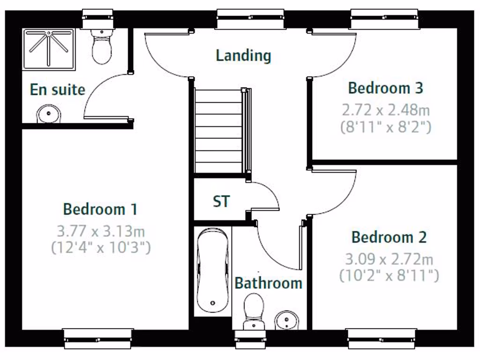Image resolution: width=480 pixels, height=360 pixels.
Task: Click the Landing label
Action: pyautogui.click(x=243, y=55)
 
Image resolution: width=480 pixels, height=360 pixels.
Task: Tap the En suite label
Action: pyautogui.click(x=57, y=90)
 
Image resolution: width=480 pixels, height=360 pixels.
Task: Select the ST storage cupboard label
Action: pyautogui.click(x=221, y=202)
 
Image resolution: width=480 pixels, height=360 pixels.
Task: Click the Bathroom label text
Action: pyautogui.click(x=268, y=283)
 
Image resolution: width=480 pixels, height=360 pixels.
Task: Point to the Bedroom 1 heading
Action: pyautogui.click(x=100, y=209)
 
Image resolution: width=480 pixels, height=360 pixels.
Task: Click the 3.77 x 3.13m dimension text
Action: pyautogui.click(x=100, y=231)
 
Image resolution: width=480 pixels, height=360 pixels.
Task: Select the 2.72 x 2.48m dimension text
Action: pyautogui.click(x=385, y=111)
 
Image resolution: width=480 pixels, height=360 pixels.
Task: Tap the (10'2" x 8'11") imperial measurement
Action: pyautogui.click(x=389, y=276)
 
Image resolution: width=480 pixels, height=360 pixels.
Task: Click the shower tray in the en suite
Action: pyautogui.click(x=49, y=49)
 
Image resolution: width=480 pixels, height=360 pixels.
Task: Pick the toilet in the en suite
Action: pyautogui.click(x=101, y=47)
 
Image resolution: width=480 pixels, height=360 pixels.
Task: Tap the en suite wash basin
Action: pyautogui.click(x=49, y=113)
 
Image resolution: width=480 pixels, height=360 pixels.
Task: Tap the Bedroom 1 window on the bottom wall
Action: pyautogui.click(x=97, y=338)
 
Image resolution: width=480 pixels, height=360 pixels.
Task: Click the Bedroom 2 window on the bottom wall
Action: pyautogui.click(x=381, y=338)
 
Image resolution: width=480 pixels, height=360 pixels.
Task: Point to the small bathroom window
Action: pyautogui.click(x=250, y=339)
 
